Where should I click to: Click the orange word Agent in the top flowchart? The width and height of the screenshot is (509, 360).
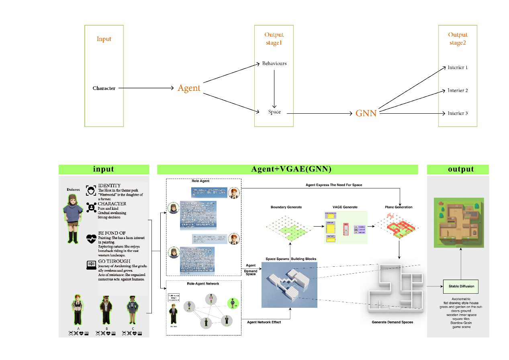[189, 88]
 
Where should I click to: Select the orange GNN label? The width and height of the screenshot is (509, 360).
[366, 113]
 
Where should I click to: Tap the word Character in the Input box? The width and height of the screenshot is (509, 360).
[104, 88]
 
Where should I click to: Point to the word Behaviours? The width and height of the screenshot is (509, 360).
[274, 63]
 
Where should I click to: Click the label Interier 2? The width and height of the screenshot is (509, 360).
[458, 90]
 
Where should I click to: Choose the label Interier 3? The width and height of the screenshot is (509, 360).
[458, 113]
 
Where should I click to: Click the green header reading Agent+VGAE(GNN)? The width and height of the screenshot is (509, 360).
[287, 169]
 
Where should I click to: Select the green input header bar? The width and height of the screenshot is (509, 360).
[104, 169]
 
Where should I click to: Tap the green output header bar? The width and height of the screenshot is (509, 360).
[458, 169]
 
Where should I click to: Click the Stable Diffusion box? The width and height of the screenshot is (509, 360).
[461, 286]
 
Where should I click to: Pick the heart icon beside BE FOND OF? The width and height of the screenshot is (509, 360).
[91, 239]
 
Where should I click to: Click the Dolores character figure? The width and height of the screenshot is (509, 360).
[74, 217]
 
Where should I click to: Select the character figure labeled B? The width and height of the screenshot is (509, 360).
[106, 310]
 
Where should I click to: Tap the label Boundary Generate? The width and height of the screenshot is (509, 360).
[286, 207]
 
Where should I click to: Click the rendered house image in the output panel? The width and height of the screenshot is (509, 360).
[458, 223]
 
